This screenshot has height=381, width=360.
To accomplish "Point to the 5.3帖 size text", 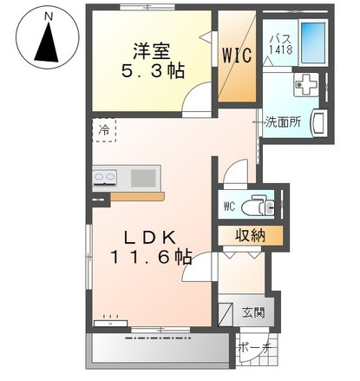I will pos(149,71).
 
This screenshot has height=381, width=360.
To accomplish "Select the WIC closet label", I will pos(237,56).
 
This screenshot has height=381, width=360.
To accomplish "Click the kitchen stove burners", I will pos(105,179).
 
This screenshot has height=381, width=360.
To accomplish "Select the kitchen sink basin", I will pos(143,178).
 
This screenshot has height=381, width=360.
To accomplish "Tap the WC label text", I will pos(230,207).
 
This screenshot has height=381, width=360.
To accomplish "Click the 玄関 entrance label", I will pos(254,312).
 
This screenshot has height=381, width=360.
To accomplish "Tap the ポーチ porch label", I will pos(255,347).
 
